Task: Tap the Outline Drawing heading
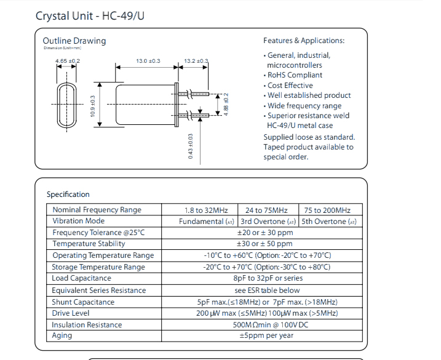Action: (74, 41)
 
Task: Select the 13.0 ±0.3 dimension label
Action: (148, 61)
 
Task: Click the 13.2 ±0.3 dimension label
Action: (196, 61)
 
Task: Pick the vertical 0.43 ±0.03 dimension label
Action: (191, 146)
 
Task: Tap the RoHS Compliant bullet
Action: (295, 75)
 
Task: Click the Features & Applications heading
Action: (304, 41)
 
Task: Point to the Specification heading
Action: (68, 194)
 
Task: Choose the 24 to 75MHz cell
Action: (266, 210)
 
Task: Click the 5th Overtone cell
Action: (329, 222)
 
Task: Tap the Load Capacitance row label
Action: (82, 279)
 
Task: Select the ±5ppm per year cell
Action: (266, 336)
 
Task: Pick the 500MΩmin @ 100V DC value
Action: (266, 325)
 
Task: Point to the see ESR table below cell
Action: (267, 290)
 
